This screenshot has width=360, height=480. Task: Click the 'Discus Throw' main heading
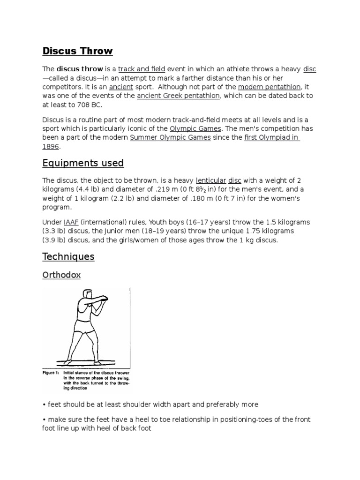(77, 51)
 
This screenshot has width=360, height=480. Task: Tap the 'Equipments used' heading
(83, 163)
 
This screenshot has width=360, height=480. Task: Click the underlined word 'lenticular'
(210, 180)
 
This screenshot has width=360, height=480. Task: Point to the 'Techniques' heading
(68, 256)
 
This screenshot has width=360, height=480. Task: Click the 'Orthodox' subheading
(61, 275)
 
